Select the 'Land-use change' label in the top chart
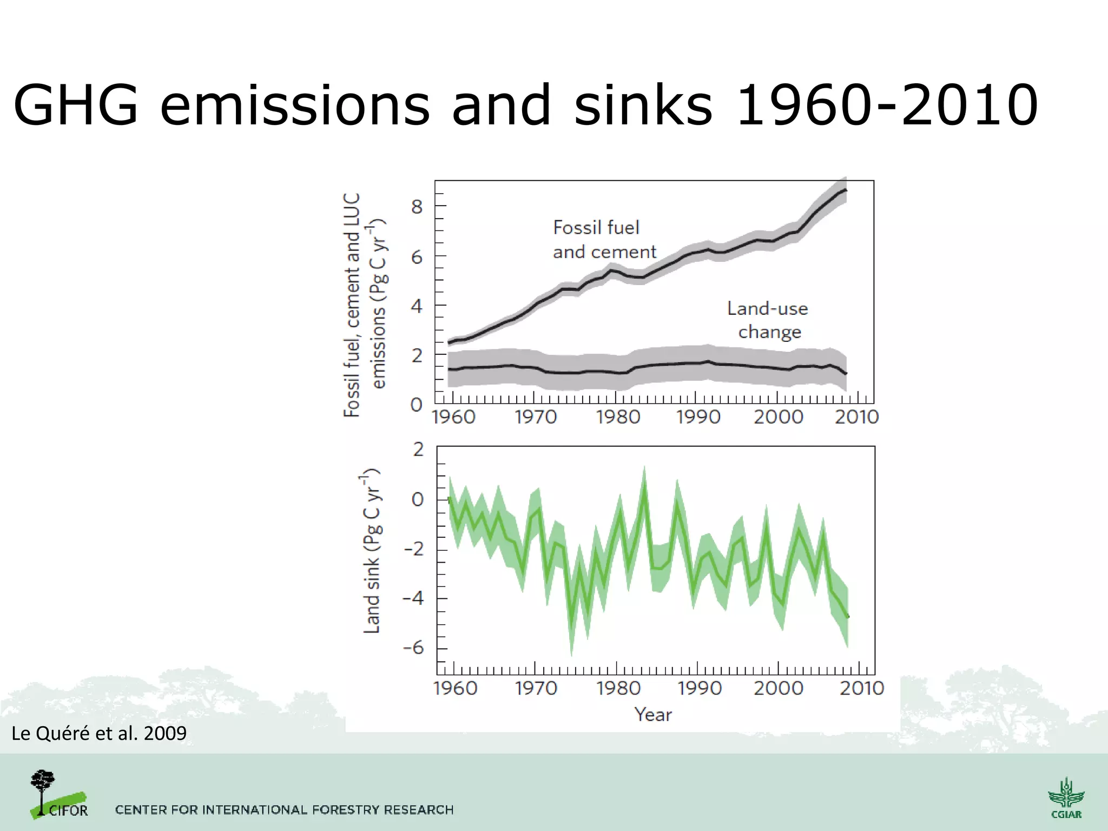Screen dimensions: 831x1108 coord(768,320)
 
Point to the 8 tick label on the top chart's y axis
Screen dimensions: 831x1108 coord(417,206)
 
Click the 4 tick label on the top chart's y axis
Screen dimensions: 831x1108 coord(417,306)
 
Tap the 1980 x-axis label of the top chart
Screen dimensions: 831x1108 coord(618,417)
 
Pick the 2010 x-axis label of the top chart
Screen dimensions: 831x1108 coord(857,417)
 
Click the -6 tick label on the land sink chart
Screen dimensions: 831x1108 coord(414,648)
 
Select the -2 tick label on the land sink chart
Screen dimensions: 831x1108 coord(414,549)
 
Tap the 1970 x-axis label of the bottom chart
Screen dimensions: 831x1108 coord(536,688)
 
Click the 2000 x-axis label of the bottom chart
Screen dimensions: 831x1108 coord(779,688)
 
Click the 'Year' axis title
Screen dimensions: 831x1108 coord(653,715)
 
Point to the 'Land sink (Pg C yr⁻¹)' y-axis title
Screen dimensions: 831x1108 coord(372,551)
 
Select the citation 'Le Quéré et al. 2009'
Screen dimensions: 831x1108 coord(99,734)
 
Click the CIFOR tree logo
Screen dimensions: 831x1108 coord(57,794)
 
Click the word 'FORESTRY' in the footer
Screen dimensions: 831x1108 coord(346,810)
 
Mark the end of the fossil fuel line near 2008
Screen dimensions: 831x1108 coord(846,190)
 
